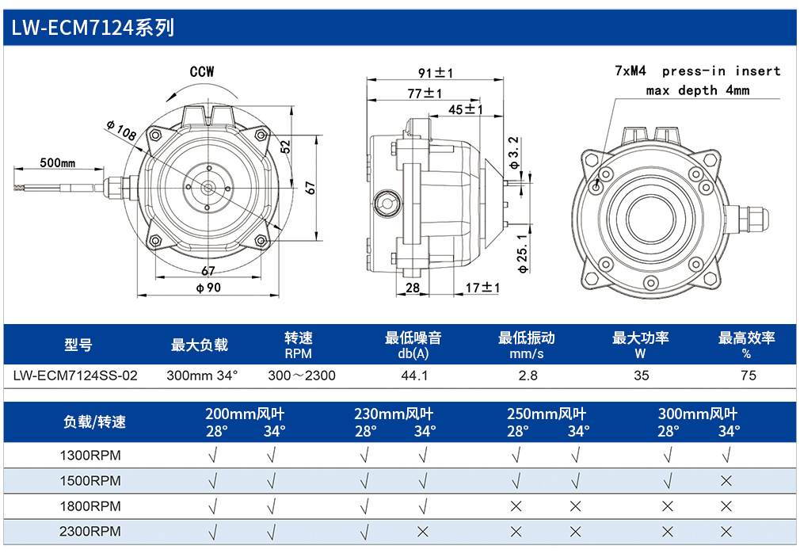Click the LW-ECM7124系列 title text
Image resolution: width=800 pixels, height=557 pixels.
pos(93,28)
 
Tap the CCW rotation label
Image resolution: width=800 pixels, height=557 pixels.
pos(202,72)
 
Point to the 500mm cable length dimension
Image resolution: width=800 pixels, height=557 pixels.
pos(58,163)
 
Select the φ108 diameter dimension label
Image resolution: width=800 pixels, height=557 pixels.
pos(121,130)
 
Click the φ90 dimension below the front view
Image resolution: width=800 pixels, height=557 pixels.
pos(208,288)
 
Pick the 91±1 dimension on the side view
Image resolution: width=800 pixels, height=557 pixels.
pos(435,73)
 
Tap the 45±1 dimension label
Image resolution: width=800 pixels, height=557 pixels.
pos(465,109)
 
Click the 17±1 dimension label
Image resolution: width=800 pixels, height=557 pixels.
pos(482,288)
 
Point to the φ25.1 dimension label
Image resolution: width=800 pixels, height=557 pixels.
pos(522,254)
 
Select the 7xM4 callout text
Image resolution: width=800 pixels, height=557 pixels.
pos(630,71)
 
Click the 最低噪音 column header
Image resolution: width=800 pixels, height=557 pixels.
pos(413,338)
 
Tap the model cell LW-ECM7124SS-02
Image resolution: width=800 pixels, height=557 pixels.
pos(75,376)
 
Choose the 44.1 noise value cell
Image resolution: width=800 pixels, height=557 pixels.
pos(414,376)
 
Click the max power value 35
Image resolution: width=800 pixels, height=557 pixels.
pos(642,376)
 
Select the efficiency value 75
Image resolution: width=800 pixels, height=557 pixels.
pos(748,376)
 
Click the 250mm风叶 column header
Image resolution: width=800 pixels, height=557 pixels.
pos(547,414)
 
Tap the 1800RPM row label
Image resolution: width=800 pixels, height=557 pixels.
pos(90,506)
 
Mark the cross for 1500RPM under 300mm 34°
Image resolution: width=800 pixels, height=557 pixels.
pos(726,481)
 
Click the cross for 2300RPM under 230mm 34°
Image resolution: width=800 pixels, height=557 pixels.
pos(422,532)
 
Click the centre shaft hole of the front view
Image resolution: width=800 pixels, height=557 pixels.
pos(208,188)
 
